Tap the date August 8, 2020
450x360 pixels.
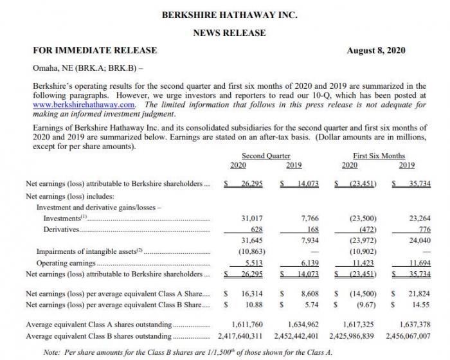[x=376, y=51]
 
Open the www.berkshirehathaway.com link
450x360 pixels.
[x=84, y=104]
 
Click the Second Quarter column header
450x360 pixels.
[x=265, y=156]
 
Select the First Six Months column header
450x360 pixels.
[x=379, y=156]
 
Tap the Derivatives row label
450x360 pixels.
[x=61, y=230]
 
